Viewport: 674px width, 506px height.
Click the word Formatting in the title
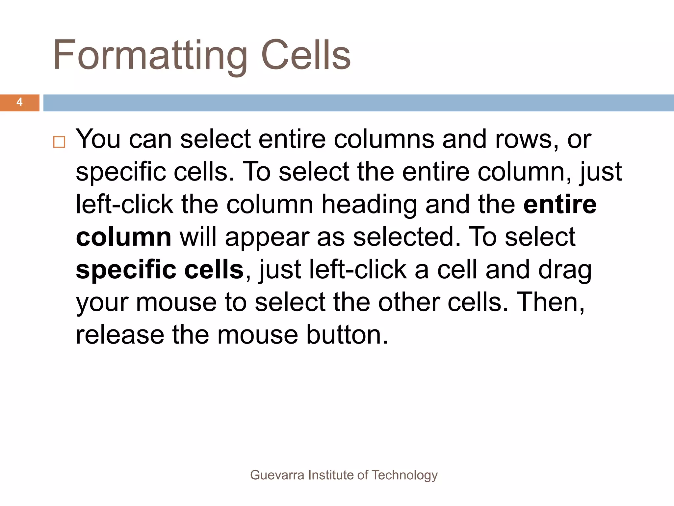click(x=150, y=55)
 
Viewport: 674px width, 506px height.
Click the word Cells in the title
click(x=306, y=55)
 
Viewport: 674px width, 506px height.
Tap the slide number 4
click(x=19, y=102)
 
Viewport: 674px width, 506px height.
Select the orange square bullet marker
click(x=59, y=142)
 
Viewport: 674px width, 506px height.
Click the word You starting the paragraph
click(x=98, y=139)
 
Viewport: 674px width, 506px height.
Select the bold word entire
click(x=560, y=205)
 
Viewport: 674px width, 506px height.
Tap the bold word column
click(x=123, y=237)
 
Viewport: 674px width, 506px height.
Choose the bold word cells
click(x=214, y=269)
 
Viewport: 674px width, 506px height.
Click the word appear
click(x=267, y=238)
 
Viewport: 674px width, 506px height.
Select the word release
click(x=120, y=335)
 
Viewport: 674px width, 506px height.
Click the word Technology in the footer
click(x=404, y=475)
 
